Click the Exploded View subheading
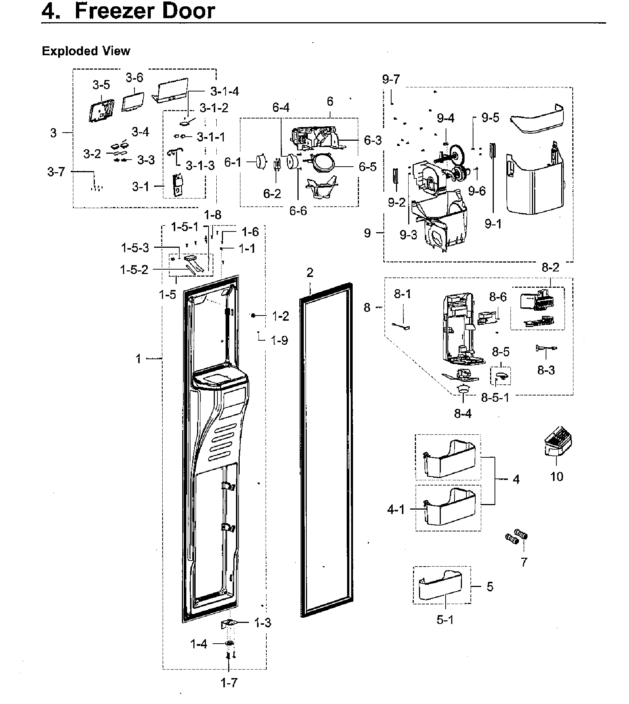pyautogui.click(x=86, y=51)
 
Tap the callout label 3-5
pyautogui.click(x=101, y=85)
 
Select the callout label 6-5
pyautogui.click(x=367, y=167)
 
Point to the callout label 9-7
pyautogui.click(x=391, y=79)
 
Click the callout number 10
pyautogui.click(x=556, y=476)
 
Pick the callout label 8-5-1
pyautogui.click(x=495, y=397)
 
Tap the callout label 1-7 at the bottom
pyautogui.click(x=229, y=683)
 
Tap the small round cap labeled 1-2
pyautogui.click(x=253, y=316)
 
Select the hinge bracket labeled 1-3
pyautogui.click(x=229, y=623)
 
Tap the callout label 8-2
pyautogui.click(x=550, y=267)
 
